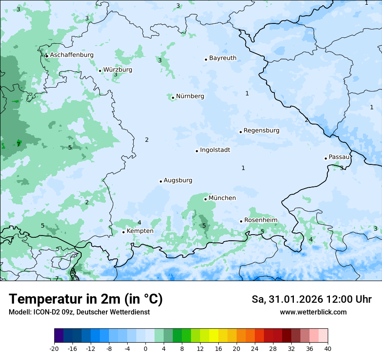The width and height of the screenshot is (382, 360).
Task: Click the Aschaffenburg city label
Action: click(72, 55)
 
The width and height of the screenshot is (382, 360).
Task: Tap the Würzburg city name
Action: click(118, 70)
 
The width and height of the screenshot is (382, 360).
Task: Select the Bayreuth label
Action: click(223, 58)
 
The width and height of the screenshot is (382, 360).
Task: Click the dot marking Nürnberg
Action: click(173, 98)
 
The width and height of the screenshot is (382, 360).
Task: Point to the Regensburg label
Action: click(261, 131)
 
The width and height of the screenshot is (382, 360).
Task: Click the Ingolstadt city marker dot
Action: click(197, 151)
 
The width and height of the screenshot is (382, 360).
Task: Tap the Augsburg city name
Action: click(178, 180)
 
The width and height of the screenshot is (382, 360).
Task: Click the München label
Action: click(222, 198)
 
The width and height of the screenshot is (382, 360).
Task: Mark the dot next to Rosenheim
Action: click(241, 221)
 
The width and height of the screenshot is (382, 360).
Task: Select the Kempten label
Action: click(140, 231)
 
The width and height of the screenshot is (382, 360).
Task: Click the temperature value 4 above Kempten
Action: click(139, 223)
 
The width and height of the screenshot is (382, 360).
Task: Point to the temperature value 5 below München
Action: click(204, 226)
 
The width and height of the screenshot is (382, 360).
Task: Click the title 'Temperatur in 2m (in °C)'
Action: click(86, 299)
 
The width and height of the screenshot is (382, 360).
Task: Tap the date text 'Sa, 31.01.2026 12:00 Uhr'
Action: click(311, 299)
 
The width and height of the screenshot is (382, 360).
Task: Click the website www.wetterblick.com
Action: click(313, 312)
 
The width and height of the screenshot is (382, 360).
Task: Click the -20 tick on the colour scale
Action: click(54, 348)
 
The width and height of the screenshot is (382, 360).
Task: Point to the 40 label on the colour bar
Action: click(328, 348)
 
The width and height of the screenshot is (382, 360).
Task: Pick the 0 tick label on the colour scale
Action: click(145, 348)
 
